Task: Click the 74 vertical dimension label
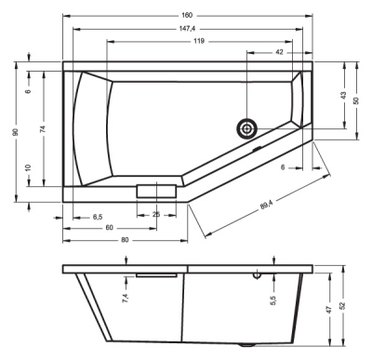point(44,131)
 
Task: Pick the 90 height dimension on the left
point(16,132)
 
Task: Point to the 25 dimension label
point(155,216)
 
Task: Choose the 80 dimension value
point(124,239)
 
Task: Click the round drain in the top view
point(247,127)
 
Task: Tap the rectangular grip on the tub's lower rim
point(154,191)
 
